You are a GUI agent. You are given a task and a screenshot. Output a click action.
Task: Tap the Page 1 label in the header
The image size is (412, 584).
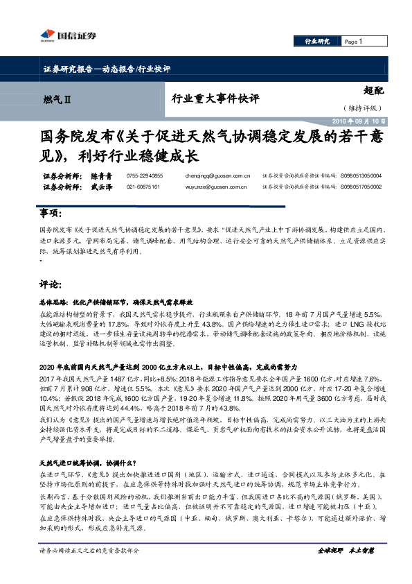point(353,42)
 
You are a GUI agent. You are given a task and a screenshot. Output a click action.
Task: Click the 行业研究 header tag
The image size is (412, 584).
point(318,42)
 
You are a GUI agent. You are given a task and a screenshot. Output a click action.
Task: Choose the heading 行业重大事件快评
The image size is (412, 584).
point(215,99)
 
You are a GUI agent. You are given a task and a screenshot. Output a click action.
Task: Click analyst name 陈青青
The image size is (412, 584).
point(102,177)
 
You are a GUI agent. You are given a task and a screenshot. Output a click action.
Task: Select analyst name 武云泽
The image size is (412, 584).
point(102,187)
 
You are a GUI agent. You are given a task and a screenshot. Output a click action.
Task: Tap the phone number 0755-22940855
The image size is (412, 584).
point(145,177)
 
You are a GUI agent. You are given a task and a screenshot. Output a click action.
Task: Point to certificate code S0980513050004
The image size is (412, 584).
point(361,177)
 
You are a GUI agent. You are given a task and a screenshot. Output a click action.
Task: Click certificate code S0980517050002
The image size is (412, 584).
point(361,187)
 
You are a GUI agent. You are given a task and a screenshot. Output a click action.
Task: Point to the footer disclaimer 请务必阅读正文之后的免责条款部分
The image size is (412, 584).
point(90,569)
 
